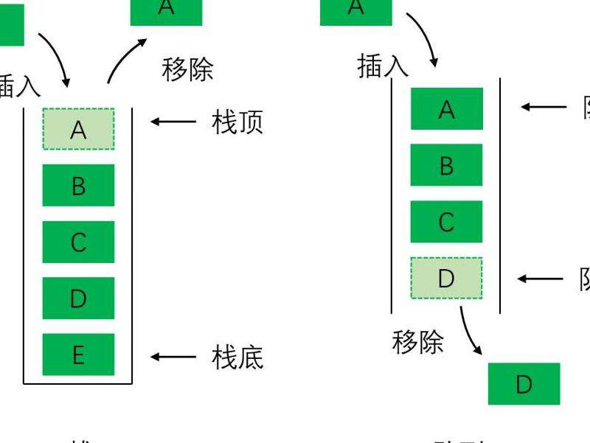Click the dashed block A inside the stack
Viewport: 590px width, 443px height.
click(x=78, y=129)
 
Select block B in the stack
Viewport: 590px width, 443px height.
click(x=78, y=185)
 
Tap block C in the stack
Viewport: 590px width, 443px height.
click(x=78, y=242)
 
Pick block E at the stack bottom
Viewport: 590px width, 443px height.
click(x=78, y=355)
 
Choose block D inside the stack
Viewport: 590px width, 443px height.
click(x=78, y=299)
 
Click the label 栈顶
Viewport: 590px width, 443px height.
click(x=237, y=123)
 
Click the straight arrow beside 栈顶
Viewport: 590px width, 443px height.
click(x=173, y=120)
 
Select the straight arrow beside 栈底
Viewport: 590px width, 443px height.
click(x=173, y=357)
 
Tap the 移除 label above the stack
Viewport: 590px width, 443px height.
click(x=187, y=69)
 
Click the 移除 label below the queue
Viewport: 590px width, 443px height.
click(x=418, y=342)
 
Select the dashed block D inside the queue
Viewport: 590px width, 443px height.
click(x=446, y=278)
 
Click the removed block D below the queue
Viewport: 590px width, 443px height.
click(x=524, y=383)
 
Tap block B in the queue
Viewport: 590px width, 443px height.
click(x=446, y=165)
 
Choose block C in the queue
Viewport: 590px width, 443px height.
click(x=446, y=221)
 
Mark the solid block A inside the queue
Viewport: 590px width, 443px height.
click(x=446, y=109)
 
